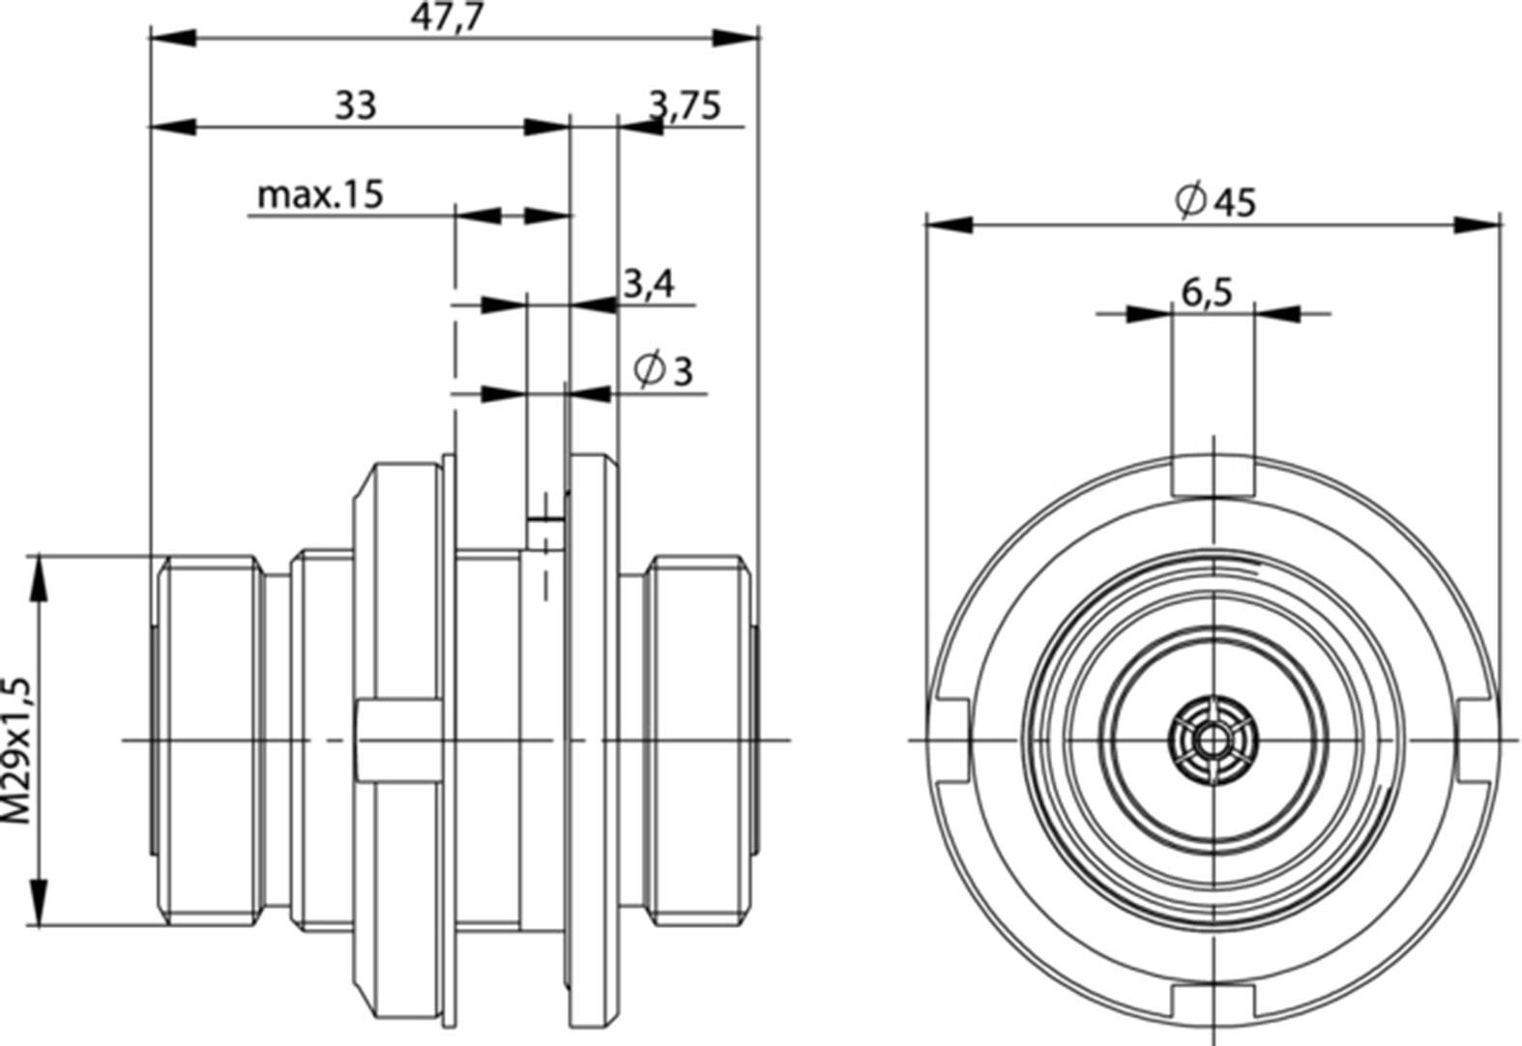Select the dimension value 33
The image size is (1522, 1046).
355,103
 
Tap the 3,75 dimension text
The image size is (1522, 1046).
685,104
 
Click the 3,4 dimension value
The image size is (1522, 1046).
648,284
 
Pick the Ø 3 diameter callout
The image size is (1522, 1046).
664,369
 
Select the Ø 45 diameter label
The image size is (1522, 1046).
1215,200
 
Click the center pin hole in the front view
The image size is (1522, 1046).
1211,741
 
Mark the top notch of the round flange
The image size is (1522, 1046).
1213,475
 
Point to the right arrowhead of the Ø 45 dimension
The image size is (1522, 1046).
1478,224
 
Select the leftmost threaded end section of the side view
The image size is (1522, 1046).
208,740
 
